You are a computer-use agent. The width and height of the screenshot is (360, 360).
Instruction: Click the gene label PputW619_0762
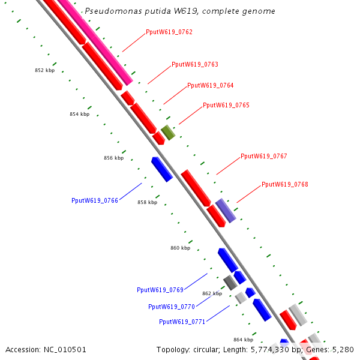(169, 32)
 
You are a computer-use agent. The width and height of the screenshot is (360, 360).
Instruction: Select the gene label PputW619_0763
(194, 64)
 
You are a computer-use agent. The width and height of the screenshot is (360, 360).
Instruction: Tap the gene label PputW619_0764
(210, 85)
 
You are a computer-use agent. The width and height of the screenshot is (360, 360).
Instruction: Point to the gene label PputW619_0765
(226, 105)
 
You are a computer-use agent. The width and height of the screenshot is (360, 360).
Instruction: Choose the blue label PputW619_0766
(94, 200)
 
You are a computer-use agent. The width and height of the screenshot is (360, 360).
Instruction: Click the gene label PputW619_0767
(263, 156)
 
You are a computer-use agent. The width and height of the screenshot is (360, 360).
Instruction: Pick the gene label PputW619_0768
(284, 184)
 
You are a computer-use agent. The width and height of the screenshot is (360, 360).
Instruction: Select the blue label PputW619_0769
(160, 290)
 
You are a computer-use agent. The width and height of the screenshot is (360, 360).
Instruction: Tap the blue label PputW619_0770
(171, 307)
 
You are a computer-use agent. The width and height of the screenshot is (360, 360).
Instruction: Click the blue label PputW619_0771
(182, 322)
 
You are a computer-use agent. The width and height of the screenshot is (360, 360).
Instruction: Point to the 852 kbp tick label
(44, 70)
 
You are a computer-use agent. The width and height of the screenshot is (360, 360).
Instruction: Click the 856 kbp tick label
(113, 158)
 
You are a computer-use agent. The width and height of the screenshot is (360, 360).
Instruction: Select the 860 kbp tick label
(180, 248)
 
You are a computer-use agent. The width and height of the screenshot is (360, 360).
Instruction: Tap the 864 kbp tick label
(243, 340)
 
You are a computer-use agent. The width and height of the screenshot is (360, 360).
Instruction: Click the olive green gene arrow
(168, 133)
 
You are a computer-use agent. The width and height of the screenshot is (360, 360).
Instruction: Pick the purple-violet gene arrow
(226, 210)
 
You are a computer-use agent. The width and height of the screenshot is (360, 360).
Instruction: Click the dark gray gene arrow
(230, 282)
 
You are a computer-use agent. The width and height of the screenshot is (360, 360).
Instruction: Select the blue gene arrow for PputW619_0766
(162, 169)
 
